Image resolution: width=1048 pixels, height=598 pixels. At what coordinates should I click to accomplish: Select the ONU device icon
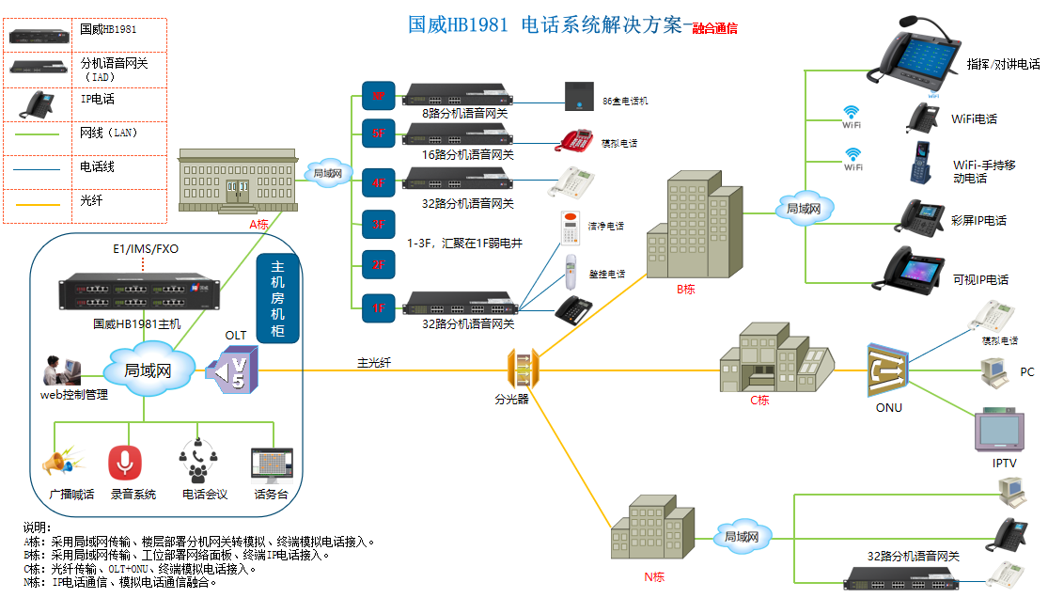[889, 370]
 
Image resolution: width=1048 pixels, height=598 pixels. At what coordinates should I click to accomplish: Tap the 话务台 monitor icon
[273, 465]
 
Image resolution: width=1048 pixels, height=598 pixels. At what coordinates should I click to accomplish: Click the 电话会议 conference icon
[198, 462]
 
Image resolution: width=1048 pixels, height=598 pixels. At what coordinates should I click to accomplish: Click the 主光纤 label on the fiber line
[373, 362]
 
